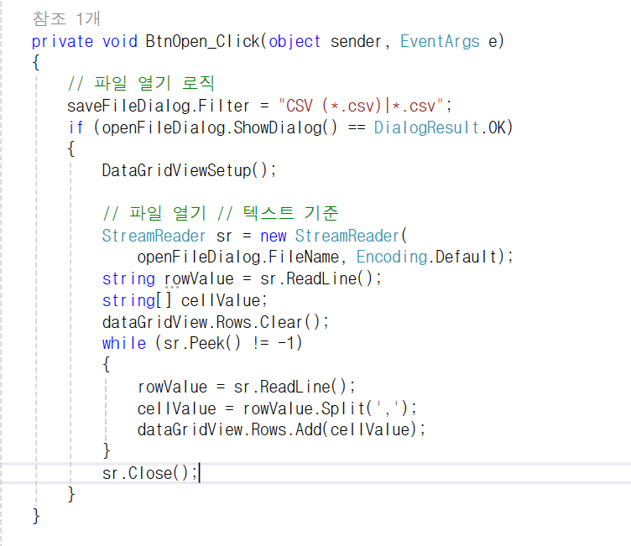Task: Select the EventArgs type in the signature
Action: [440, 41]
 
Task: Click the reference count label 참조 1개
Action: [66, 18]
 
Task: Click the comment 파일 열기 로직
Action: [143, 84]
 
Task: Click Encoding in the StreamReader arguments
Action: [392, 257]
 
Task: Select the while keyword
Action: [123, 343]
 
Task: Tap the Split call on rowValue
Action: [346, 408]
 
